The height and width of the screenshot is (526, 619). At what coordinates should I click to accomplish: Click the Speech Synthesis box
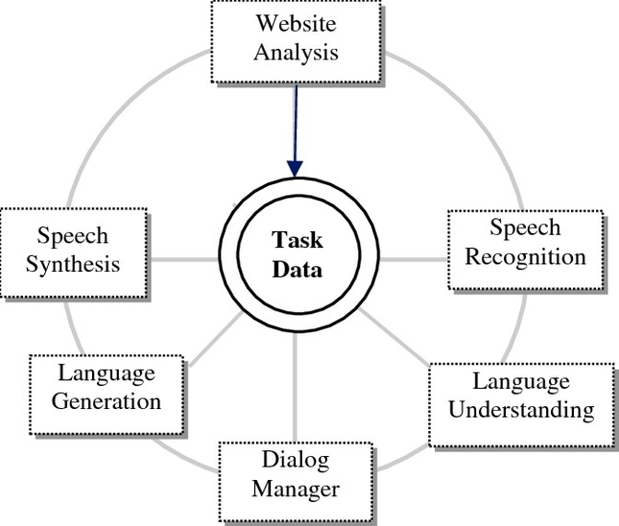[x=74, y=250]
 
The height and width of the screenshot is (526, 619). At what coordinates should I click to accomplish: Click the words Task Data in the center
[x=297, y=255]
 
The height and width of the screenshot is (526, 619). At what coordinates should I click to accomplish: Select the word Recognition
[x=524, y=256]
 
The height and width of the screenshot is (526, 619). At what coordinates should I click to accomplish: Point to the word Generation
[x=107, y=400]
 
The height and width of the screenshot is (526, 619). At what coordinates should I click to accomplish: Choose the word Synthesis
[x=74, y=263]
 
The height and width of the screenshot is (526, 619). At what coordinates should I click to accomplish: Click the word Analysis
[x=296, y=51]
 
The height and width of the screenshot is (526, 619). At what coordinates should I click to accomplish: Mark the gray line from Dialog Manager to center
[x=296, y=394]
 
